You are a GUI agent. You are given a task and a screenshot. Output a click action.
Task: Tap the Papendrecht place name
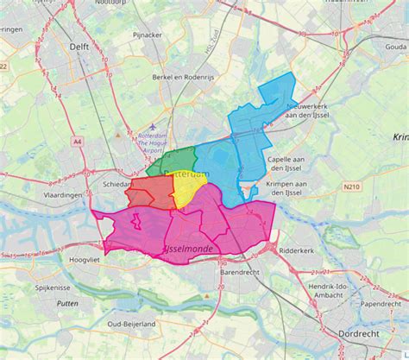coord(381,304)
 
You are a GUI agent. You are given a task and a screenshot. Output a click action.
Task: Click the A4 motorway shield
coord(78,141)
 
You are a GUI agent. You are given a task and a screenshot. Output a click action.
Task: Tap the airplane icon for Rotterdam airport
coord(153,127)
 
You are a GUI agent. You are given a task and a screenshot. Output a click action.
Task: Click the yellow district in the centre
coord(188,192)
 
